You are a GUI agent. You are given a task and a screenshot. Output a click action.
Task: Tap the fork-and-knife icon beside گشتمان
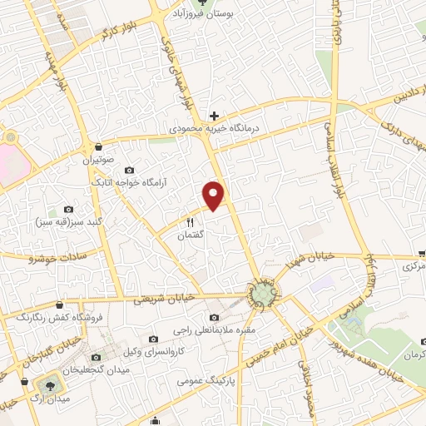(x=190, y=222)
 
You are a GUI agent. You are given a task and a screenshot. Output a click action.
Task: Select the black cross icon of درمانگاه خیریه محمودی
(x=215, y=115)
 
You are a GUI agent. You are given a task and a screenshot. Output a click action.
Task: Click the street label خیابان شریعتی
(x=170, y=297)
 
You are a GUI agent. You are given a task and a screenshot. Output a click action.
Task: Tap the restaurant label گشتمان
(x=191, y=236)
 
